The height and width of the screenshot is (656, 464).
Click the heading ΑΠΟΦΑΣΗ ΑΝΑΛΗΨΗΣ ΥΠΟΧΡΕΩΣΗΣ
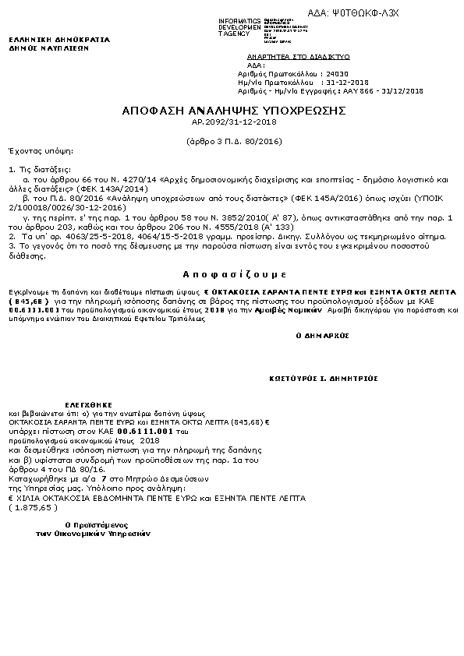(x=234, y=111)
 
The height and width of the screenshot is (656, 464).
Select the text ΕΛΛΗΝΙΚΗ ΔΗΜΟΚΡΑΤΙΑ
(x=59, y=39)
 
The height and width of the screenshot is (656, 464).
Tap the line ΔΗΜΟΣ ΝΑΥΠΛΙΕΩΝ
(x=48, y=48)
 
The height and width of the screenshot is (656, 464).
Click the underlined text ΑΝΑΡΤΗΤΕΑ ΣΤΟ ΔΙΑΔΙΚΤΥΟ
(x=298, y=58)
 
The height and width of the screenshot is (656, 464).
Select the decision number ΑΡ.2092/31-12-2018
(x=234, y=122)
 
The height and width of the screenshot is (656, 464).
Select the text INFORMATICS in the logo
(x=240, y=19)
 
